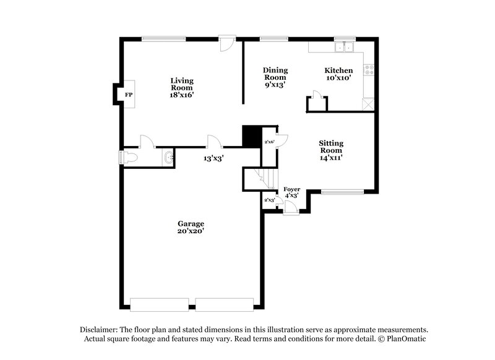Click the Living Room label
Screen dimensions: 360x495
(x=183, y=88)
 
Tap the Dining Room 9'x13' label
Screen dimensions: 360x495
(x=275, y=77)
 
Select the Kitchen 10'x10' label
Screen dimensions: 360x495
(x=339, y=74)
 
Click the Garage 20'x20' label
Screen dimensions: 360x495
(x=191, y=227)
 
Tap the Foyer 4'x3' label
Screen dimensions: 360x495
(x=291, y=192)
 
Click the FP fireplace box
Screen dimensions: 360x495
(x=129, y=95)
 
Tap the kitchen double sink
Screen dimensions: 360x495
(x=344, y=46)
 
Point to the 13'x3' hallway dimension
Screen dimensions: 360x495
(x=213, y=158)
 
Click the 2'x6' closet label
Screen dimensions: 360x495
(x=270, y=142)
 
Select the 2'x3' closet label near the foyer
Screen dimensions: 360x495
(x=270, y=200)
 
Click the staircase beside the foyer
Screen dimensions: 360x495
(x=259, y=179)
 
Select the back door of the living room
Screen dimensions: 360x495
(x=227, y=43)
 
